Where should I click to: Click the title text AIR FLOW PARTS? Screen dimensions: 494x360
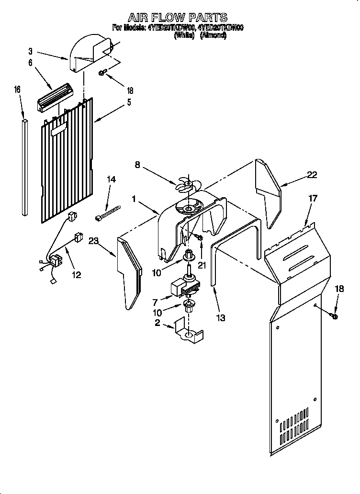[177, 18]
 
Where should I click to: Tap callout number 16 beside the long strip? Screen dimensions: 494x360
[18, 90]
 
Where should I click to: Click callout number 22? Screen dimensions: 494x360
[312, 175]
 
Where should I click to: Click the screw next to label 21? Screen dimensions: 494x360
[200, 237]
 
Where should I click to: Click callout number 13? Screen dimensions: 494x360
[220, 318]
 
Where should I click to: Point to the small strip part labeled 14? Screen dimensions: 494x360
[108, 213]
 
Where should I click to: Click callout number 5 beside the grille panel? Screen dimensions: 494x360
[129, 102]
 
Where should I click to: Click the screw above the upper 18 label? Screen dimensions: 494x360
[102, 72]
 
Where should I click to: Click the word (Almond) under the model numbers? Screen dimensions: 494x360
[213, 35]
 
